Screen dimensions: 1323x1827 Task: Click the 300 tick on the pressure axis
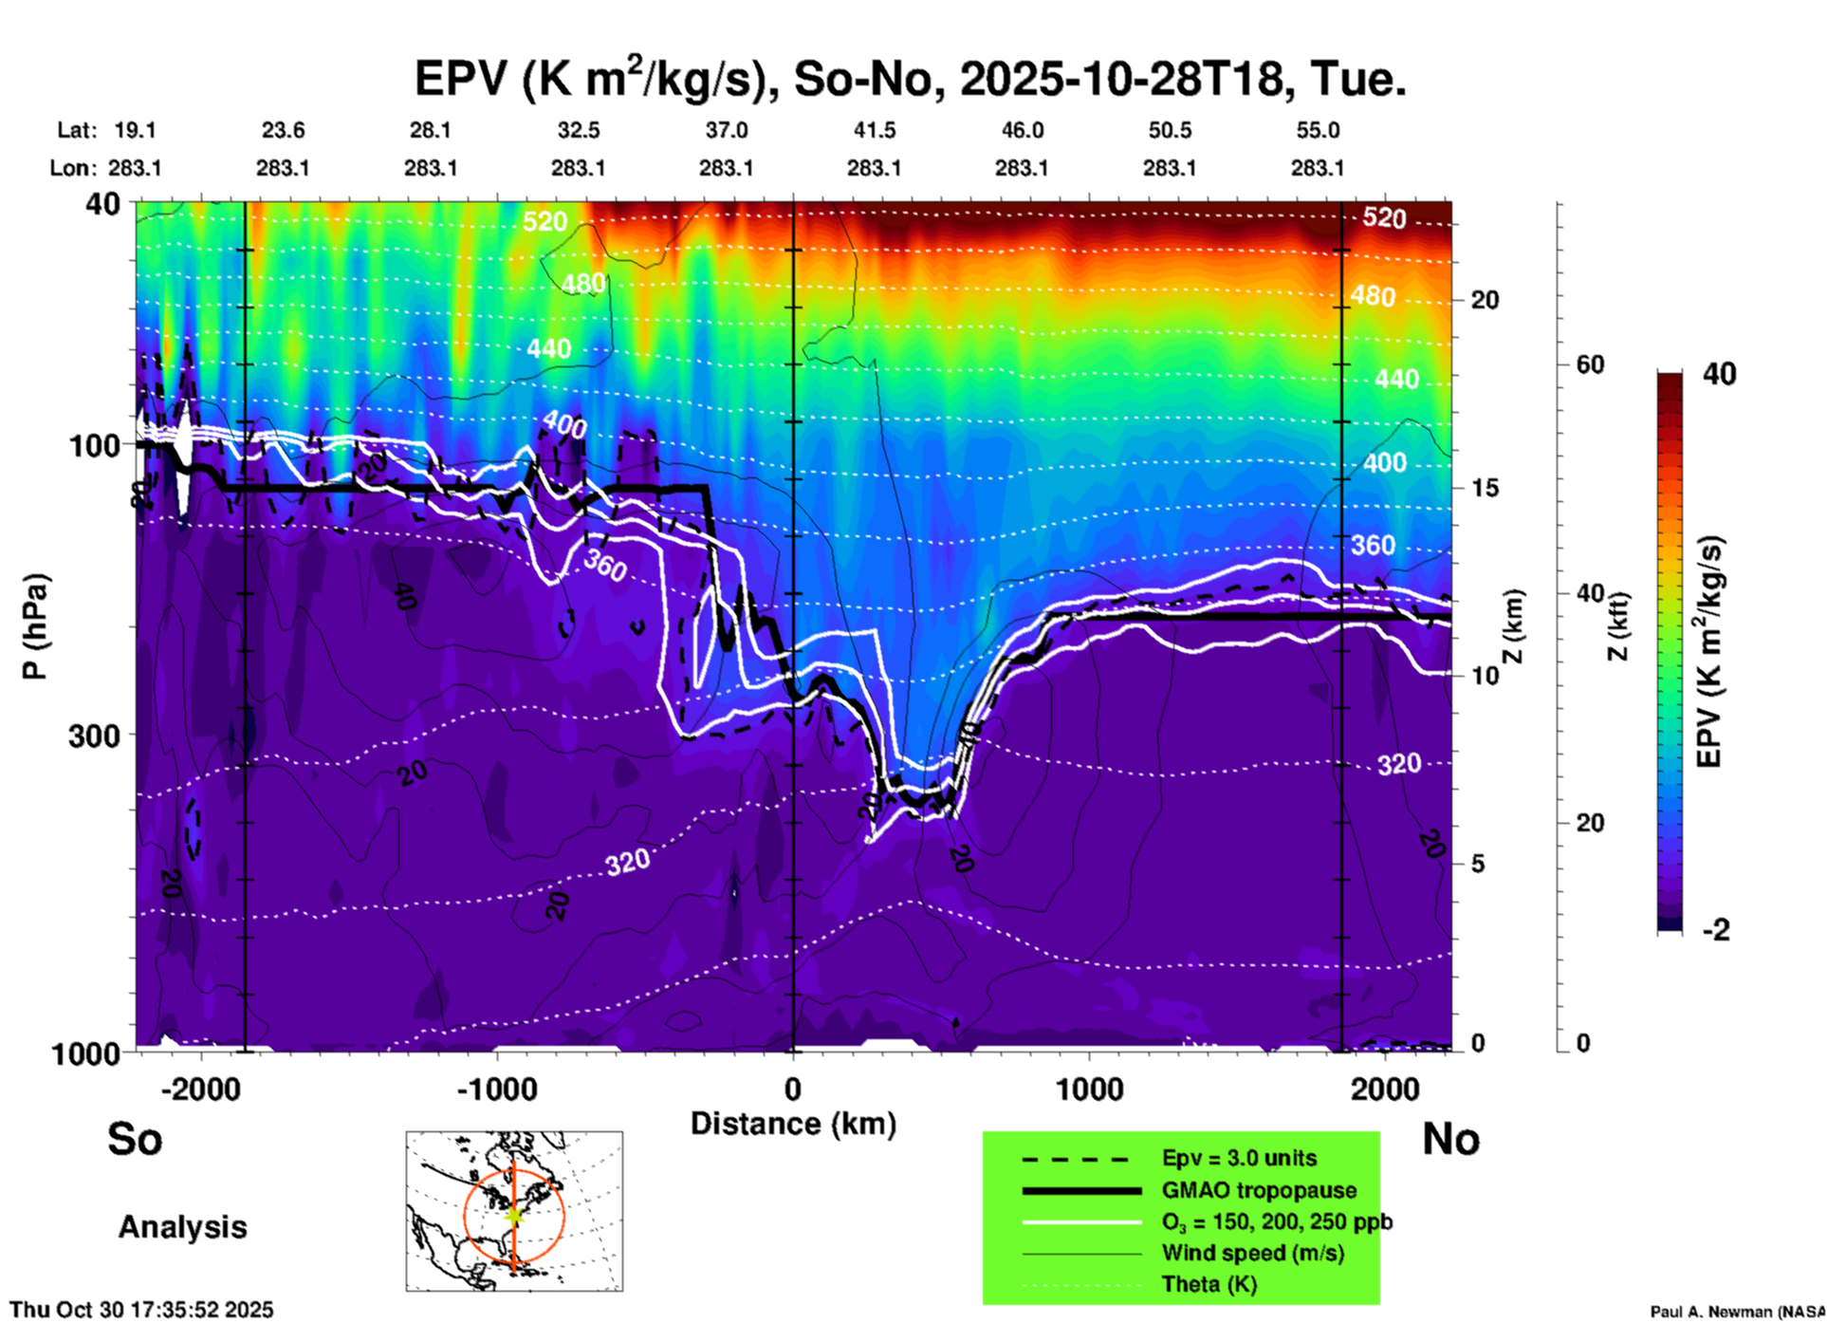94,736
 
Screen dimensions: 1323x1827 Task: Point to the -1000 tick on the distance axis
496,1089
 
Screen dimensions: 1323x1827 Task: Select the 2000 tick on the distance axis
1385,1089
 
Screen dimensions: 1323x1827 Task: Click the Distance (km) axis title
793,1124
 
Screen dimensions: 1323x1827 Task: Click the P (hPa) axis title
35,626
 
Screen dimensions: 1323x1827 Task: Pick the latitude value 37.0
726,130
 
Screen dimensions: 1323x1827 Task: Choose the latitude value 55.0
1318,130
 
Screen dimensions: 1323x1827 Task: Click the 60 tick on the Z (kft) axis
1590,364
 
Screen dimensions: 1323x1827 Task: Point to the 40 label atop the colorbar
1719,374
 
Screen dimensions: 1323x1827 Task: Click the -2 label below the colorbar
1716,930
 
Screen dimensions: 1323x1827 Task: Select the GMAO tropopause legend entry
1259,1190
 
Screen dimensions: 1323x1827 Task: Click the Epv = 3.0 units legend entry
1239,1159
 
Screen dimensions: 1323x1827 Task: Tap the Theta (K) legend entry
1209,1284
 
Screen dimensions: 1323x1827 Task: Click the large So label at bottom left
135,1139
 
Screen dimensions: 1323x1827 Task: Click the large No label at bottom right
1450,1139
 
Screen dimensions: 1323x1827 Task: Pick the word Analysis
182,1227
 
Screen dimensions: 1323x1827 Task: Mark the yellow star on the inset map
514,1214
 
